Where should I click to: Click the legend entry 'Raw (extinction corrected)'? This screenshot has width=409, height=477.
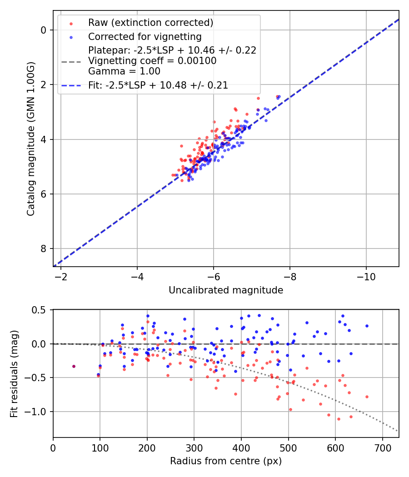click(x=150, y=23)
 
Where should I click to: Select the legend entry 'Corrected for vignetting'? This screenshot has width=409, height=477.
click(x=145, y=36)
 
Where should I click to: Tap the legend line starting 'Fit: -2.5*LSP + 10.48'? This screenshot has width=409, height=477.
click(x=158, y=85)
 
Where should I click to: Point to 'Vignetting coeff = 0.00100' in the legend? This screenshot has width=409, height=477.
click(x=152, y=61)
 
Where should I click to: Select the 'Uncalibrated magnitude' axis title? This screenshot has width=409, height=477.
click(x=226, y=290)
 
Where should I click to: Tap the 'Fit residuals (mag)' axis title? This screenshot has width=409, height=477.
click(x=14, y=373)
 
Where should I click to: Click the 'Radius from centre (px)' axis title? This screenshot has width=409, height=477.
click(x=226, y=461)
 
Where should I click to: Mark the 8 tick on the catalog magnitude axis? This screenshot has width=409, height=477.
click(x=44, y=248)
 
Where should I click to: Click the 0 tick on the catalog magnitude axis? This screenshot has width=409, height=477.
click(x=44, y=30)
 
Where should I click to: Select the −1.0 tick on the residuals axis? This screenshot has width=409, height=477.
click(x=39, y=412)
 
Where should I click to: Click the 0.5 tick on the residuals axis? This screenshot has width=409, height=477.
click(x=41, y=310)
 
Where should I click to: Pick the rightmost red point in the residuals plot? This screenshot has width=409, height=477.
click(x=367, y=397)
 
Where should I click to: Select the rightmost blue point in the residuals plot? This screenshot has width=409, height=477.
click(x=367, y=326)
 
